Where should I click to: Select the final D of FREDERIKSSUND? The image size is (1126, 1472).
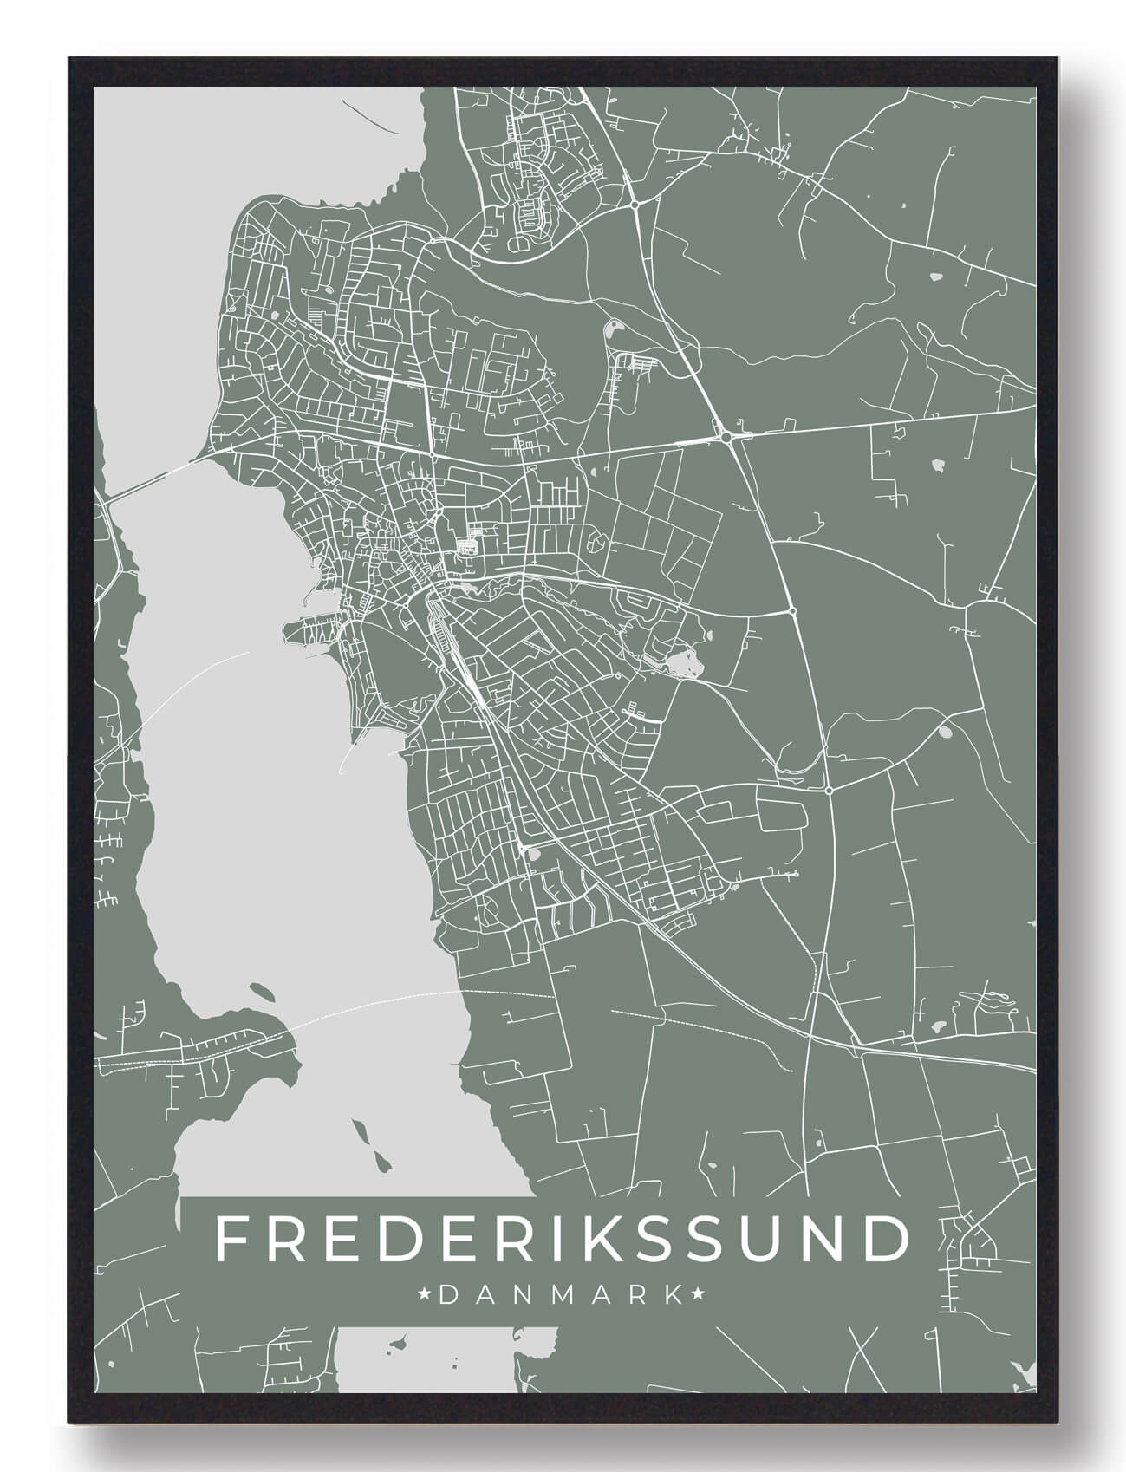coord(886,1240)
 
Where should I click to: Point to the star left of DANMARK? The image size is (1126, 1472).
coord(426,1295)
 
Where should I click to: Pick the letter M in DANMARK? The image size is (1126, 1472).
coord(560,1295)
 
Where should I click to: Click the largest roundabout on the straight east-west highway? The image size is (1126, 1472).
coord(726,438)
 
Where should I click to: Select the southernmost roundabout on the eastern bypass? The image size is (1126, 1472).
coord(829,791)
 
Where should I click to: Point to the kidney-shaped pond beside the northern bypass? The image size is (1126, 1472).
coord(615,329)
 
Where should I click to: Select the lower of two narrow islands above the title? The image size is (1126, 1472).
coord(380,1159)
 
